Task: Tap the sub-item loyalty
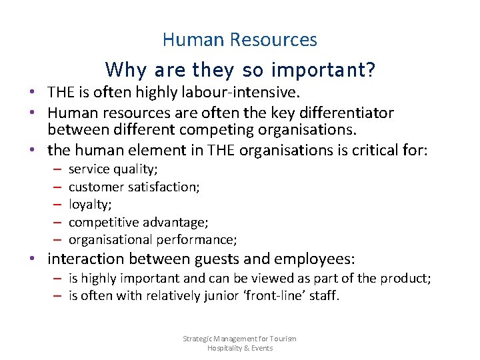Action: (x=90, y=205)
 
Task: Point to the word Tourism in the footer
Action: (x=283, y=339)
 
